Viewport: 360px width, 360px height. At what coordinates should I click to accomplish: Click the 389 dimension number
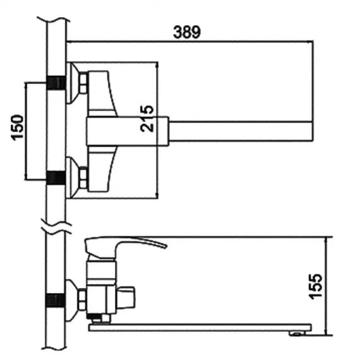click(187, 32)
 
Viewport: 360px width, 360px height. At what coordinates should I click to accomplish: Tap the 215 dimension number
click(147, 119)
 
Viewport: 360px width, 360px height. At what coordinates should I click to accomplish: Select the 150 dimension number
click(17, 128)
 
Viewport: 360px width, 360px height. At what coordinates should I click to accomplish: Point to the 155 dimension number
click(315, 287)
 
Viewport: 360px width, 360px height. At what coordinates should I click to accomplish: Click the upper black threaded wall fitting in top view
click(56, 83)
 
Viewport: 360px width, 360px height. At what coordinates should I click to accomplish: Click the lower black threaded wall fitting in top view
click(56, 177)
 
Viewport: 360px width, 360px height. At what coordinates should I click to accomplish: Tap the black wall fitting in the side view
click(56, 300)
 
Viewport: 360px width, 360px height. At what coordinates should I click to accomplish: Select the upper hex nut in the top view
click(83, 83)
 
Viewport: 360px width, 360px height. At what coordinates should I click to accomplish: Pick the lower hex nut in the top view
click(83, 177)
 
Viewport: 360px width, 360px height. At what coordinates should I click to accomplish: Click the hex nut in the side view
click(82, 299)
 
